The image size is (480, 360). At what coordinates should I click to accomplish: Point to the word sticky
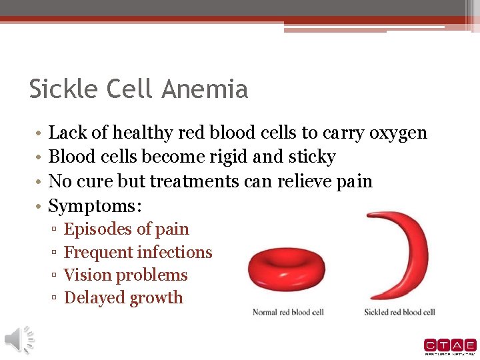pyautogui.click(x=314, y=157)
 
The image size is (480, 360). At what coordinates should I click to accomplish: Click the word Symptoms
pyautogui.click(x=94, y=206)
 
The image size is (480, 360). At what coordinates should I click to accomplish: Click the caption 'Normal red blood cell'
pyautogui.click(x=288, y=312)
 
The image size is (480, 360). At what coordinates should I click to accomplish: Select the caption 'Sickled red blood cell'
pyautogui.click(x=399, y=312)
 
